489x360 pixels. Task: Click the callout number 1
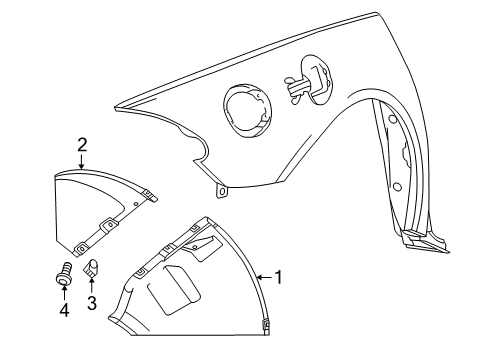tap(278, 276)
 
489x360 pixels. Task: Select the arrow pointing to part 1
tap(263, 276)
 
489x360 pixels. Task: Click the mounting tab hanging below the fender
tap(221, 188)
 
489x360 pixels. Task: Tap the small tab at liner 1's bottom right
tap(265, 323)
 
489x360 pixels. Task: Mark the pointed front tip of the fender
tap(117, 107)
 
